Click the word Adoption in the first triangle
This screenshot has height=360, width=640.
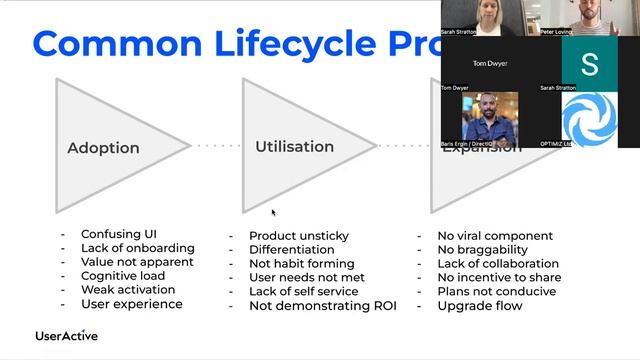click(x=103, y=148)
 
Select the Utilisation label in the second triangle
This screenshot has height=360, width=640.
click(x=294, y=146)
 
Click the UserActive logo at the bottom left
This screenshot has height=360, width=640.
click(x=66, y=336)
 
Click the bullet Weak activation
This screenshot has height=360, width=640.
click(x=128, y=290)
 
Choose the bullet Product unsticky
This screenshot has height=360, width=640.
click(x=299, y=236)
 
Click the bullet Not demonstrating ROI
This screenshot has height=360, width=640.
click(x=323, y=306)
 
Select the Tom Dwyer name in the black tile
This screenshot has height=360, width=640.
click(x=490, y=63)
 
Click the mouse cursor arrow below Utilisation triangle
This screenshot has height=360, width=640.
click(x=273, y=212)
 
